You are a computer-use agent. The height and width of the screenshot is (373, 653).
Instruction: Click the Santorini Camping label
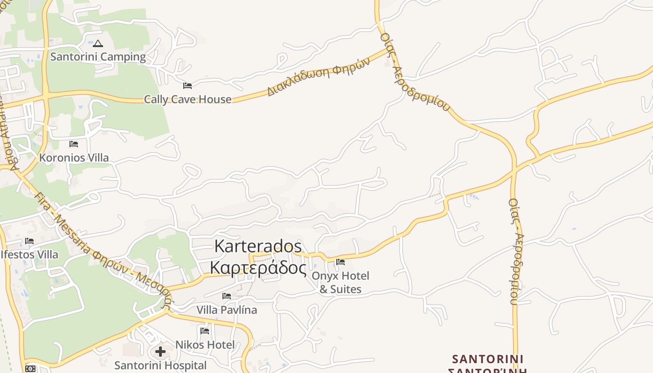coord(98,57)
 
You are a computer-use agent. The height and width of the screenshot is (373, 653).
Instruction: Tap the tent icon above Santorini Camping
coord(97,44)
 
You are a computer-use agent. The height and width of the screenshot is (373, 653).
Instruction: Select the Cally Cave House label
coord(188,99)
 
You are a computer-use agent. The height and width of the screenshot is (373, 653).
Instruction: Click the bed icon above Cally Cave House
coord(188,86)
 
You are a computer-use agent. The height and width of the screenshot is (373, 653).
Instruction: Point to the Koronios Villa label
coord(74,158)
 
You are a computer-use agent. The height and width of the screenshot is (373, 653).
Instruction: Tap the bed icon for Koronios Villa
coord(74,144)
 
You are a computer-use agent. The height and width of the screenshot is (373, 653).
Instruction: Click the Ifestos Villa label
coord(29,255)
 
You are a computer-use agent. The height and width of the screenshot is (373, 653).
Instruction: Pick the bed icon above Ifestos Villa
coord(29,241)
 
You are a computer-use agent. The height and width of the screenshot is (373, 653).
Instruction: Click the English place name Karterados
coord(258,246)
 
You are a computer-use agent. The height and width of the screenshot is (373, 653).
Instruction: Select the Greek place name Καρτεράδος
coord(258,268)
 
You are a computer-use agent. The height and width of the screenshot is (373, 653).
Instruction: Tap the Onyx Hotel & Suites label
coord(340,283)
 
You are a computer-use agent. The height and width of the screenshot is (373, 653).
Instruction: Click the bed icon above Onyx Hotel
coord(340,262)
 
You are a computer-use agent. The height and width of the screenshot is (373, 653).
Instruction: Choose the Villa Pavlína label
coord(227,310)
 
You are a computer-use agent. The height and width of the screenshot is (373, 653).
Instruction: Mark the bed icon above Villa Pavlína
coord(227,296)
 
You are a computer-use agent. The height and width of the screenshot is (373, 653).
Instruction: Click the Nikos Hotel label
coord(205,345)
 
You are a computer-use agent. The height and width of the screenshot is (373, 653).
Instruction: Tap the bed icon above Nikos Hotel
coord(205,331)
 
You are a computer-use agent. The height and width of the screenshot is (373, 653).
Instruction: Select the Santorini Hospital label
coord(160,366)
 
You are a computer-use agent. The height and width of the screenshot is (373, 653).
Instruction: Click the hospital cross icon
coord(160,351)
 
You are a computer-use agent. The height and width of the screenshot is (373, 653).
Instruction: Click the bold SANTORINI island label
coord(487,359)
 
